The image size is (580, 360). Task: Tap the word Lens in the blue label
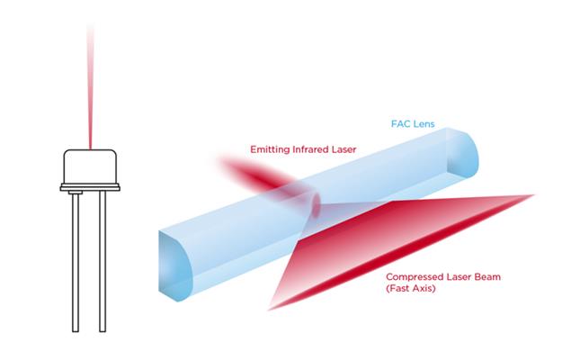coord(424,123)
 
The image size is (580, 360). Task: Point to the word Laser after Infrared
coord(343,149)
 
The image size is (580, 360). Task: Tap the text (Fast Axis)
coord(411,288)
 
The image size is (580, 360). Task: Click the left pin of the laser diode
coord(76,262)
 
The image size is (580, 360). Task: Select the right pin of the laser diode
coord(103,262)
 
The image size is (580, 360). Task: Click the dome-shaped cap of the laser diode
coord(90,166)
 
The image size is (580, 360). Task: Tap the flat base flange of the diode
coord(90,187)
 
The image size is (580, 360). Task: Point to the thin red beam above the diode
coord(90,87)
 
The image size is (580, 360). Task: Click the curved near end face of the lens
coord(174,265)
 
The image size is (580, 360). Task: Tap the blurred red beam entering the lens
coord(259,174)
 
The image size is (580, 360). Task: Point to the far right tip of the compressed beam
coord(534,194)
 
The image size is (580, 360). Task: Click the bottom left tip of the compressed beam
coord(269,310)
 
